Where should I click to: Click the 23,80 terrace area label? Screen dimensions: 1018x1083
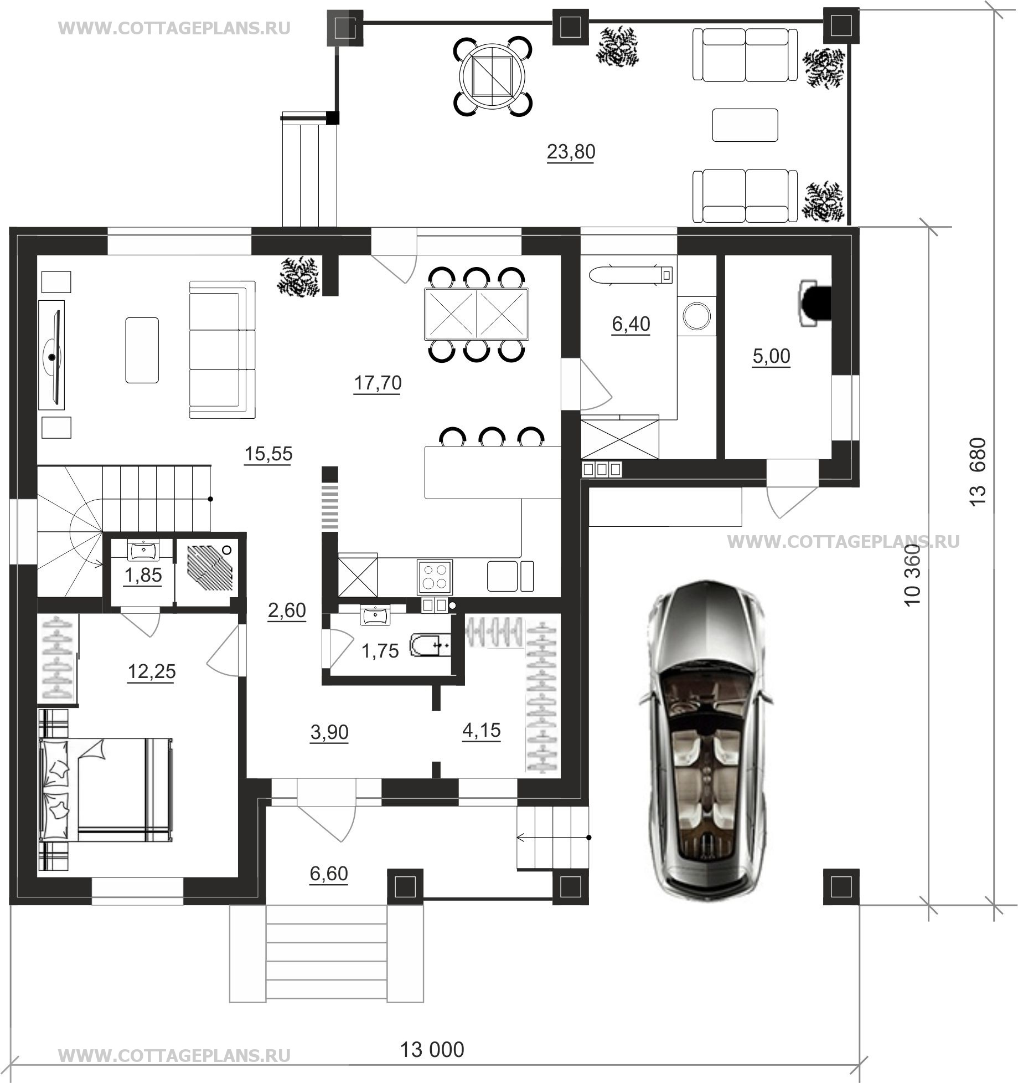click(571, 151)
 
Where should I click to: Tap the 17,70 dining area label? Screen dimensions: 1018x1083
click(378, 383)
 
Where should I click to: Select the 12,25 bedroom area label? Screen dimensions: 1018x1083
click(152, 672)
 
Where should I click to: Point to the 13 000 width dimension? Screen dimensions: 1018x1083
click(432, 1049)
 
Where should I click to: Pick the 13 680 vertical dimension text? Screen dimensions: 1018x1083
click(978, 471)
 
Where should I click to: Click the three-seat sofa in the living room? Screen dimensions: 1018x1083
click(223, 350)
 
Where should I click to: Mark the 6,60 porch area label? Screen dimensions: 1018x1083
click(329, 874)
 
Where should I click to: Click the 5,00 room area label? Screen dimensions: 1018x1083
click(771, 356)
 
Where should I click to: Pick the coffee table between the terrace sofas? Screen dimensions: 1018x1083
click(745, 125)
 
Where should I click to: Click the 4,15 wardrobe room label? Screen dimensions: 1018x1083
click(481, 731)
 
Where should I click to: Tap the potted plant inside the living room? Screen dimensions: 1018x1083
click(299, 277)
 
